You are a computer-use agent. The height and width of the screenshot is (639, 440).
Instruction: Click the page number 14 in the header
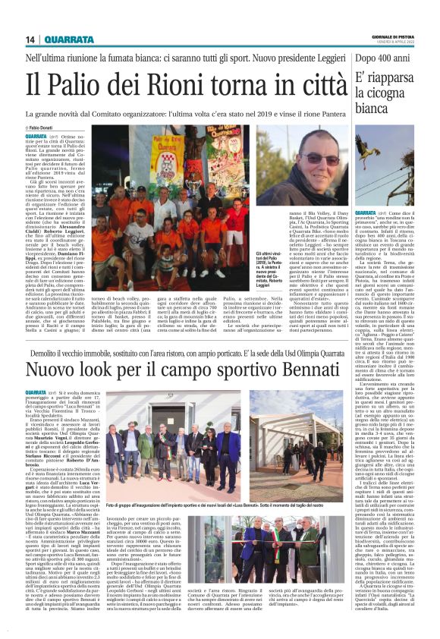click(x=31, y=39)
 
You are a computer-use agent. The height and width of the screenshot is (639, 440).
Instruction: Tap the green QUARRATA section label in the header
click(x=69, y=39)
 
